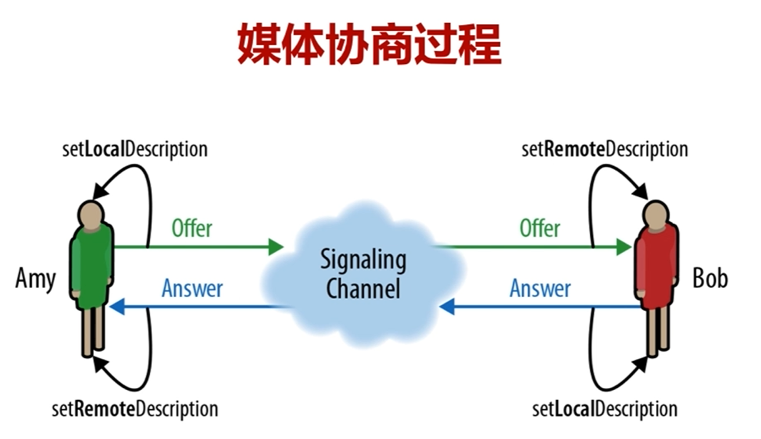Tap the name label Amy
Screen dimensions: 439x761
coord(35,279)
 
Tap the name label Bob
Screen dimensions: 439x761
coord(709,279)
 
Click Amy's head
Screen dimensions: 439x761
coord(92,213)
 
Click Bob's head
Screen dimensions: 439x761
coord(656,213)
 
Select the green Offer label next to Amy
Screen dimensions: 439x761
coord(192,228)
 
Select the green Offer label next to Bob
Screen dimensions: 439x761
coord(540,228)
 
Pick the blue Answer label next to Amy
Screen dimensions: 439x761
coord(192,288)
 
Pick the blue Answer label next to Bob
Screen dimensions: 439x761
coord(540,288)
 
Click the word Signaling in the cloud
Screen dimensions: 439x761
coord(363,260)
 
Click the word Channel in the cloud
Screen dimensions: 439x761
coord(363,289)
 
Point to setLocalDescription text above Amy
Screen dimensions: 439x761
coord(135,149)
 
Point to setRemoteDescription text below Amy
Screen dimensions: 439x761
coord(135,409)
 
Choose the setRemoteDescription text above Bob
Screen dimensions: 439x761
coord(605,149)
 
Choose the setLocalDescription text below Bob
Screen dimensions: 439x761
coord(605,409)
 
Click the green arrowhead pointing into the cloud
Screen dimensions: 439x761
coord(276,247)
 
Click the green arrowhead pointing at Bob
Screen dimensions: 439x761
coord(624,247)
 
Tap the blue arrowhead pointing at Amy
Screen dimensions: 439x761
coord(117,307)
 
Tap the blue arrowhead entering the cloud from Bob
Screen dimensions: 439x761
coord(446,307)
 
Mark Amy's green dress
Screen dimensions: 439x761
coord(92,267)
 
